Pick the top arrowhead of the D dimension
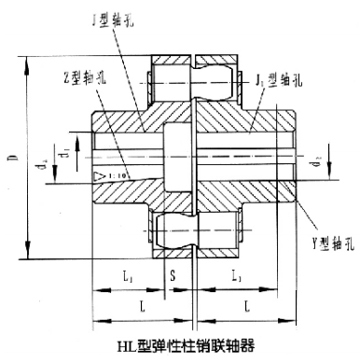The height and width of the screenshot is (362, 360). pos(29,62)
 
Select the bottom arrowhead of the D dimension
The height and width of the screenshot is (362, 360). pos(29,253)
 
